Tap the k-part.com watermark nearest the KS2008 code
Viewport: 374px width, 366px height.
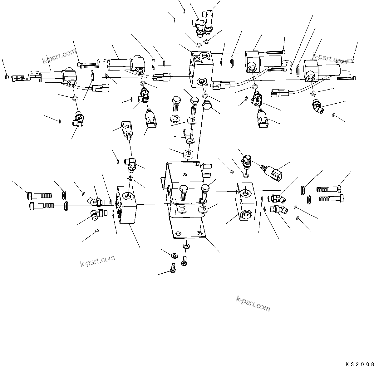pos(253,304)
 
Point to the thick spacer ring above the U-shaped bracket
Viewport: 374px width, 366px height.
pos(188,154)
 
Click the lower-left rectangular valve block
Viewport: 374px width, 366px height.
pos(126,204)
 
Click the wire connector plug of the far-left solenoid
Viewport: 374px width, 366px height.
pos(100,88)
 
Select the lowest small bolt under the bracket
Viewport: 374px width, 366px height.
pos(172,268)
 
